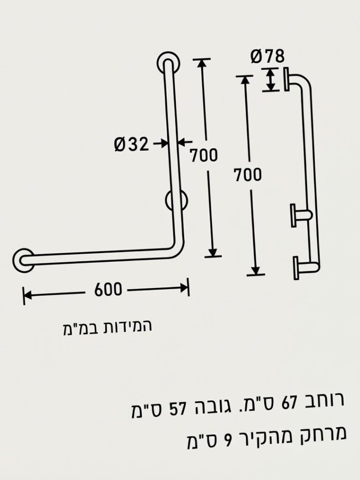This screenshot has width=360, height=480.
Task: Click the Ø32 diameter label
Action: pos(131,144)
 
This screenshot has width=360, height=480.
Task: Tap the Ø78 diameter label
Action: pos(267,56)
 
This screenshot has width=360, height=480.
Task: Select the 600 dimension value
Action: pos(108,289)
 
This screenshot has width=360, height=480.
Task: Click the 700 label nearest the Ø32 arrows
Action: pos(204,155)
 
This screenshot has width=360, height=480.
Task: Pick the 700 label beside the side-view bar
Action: pos(248,175)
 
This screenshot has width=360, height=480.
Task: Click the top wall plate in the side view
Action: pos(286,79)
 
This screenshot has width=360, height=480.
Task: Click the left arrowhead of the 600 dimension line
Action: pos(28,295)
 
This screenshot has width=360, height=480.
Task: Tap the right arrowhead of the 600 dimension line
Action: pos(184,288)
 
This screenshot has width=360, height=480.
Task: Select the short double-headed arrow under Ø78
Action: pos(270,79)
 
